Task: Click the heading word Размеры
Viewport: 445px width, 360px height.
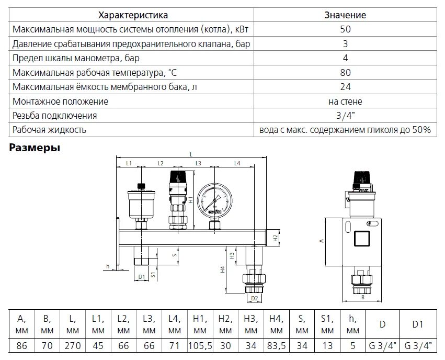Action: [35, 148]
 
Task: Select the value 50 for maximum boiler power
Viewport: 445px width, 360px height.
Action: [345, 29]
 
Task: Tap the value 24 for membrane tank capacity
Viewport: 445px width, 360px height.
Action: [345, 87]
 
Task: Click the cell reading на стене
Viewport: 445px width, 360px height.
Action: [345, 101]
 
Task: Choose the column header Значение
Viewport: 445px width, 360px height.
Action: [345, 15]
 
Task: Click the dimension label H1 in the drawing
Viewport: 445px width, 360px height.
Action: [192, 199]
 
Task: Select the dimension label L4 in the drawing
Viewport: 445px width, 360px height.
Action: [236, 164]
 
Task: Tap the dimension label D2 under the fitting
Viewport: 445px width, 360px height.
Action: [255, 298]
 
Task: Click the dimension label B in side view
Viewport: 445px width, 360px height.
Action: [362, 297]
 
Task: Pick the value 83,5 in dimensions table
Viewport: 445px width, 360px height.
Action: [276, 346]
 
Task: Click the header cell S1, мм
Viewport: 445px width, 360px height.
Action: [327, 324]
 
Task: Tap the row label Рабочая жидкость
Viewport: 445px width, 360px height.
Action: [50, 130]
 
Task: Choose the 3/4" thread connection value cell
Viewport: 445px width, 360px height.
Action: [345, 116]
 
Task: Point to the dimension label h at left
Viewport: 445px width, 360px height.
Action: [108, 266]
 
